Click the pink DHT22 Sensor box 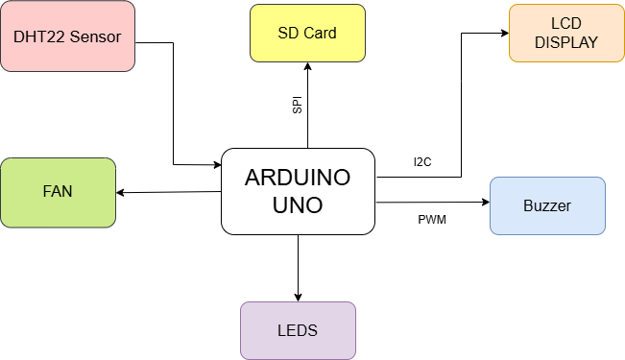pos(67,37)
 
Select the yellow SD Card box pos(307,33)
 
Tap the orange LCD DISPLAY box pos(566,34)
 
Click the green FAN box pos(58,191)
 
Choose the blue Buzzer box pos(547,205)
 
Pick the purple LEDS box pos(298,330)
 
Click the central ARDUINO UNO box pos(298,191)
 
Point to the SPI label pos(298,106)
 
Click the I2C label pos(422,162)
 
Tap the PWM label pos(432,219)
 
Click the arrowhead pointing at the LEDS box pos(299,296)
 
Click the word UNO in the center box pos(298,205)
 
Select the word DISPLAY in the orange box pos(566,43)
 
